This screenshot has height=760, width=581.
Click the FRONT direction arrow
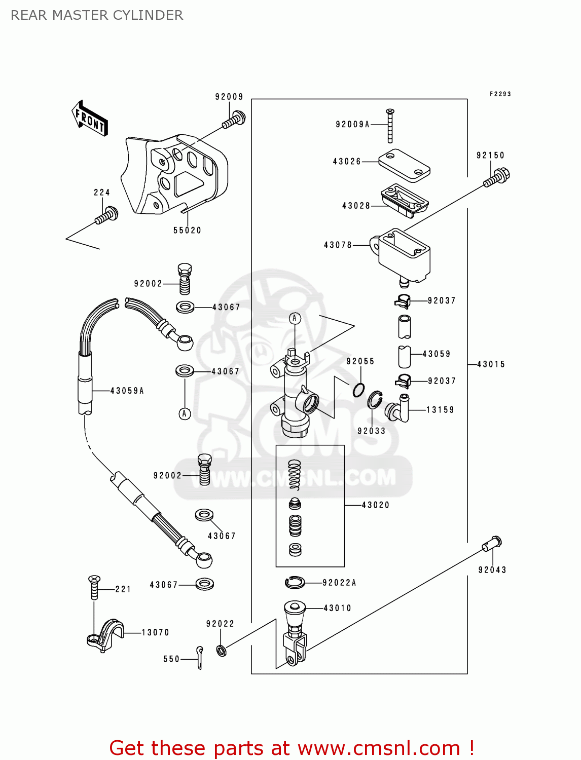click(90, 119)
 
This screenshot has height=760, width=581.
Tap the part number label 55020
click(187, 231)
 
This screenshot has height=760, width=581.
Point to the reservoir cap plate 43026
click(404, 165)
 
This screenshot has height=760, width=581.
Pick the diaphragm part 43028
click(404, 201)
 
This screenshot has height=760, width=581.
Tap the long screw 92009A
click(390, 126)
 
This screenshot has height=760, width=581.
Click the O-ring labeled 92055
click(359, 390)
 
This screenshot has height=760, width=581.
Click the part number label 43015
click(491, 364)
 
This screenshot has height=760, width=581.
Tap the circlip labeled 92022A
click(295, 582)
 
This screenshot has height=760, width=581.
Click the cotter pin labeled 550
click(200, 657)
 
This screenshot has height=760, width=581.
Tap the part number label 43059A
click(127, 391)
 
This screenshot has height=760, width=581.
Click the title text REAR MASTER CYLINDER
click(97, 15)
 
